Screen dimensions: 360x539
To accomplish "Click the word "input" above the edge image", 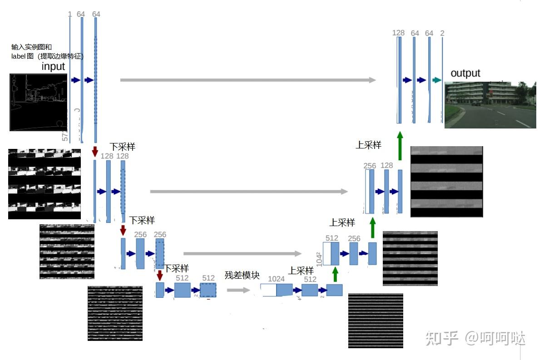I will pos(54,66).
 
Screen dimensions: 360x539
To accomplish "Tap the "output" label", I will pos(465,73).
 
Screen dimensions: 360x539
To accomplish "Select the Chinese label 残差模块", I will pos(242,275).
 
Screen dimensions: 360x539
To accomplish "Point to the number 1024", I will pos(276,279).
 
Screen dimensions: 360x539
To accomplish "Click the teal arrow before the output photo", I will pos(436,80).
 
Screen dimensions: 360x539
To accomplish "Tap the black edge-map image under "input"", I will pos(38,103).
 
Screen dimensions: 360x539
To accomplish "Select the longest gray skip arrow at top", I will pos(248,80).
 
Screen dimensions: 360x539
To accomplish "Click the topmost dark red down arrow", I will pos(95,151).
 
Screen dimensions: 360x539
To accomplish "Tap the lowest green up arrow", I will pos(335,275).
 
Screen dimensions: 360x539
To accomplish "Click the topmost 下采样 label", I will pos(122,147).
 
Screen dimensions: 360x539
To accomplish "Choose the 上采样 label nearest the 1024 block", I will pos(301,271).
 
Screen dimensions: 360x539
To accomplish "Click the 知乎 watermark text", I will pos(441,338).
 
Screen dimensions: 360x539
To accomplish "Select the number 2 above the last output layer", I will pos(442,33).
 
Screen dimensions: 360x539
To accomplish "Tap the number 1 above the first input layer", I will pos(69,15).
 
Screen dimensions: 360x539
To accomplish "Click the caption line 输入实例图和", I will pos(31,47).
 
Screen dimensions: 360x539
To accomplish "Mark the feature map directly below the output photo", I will pos(446,182).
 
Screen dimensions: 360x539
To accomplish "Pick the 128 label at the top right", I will pos(398,33).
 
